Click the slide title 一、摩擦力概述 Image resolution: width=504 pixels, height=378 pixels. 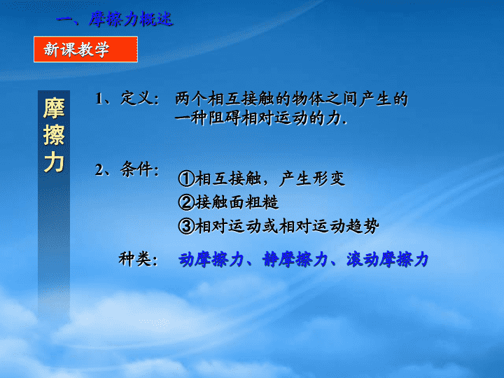115,20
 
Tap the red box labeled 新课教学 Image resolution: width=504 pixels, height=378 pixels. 85,49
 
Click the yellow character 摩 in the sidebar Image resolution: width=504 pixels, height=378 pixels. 54,108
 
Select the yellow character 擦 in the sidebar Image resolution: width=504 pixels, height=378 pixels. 54,135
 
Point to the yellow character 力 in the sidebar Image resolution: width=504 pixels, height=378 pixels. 54,162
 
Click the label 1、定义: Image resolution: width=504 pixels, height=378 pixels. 127,99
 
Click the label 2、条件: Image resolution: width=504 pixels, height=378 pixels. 127,169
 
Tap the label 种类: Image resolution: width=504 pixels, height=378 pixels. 138,259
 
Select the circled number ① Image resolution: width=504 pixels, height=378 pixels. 186,178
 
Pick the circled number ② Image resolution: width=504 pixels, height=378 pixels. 186,202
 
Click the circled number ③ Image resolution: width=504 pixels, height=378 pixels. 186,226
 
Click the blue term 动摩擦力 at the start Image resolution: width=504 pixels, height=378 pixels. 211,260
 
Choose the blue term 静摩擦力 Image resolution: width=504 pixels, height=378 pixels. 295,260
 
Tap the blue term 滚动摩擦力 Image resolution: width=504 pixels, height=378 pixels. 387,260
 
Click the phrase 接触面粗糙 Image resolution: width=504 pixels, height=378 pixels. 237,202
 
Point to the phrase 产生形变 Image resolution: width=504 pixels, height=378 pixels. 312,178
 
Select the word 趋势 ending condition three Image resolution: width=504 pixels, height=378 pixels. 363,226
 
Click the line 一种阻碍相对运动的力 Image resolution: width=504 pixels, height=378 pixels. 260,118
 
